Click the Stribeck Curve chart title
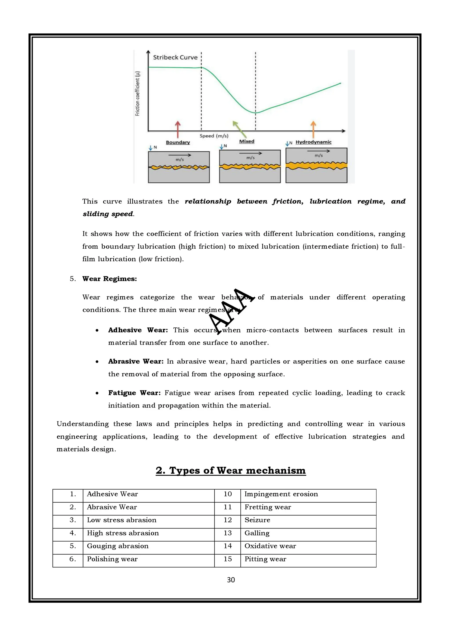tap(175, 57)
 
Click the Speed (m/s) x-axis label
tap(214, 136)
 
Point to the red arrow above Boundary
tap(178, 129)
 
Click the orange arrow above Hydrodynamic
tap(313, 129)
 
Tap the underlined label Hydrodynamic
tap(313, 142)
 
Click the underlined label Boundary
tap(178, 142)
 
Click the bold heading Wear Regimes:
tap(109, 279)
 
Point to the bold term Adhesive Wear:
tap(138, 330)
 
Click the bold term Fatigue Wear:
tap(134, 393)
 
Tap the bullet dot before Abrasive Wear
tap(97, 362)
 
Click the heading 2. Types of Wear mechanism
tap(231, 470)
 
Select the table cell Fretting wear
tap(268, 507)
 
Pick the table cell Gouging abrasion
tap(118, 546)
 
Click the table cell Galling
tap(257, 533)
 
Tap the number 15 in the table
tap(228, 559)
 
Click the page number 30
tap(231, 580)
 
